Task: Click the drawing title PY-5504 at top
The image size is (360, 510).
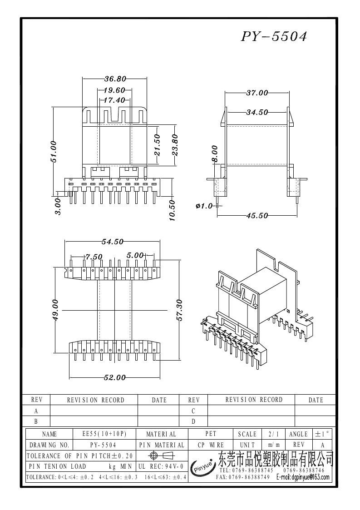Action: [273, 37]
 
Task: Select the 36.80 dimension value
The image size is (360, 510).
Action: [115, 79]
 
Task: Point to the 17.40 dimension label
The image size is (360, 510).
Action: [114, 100]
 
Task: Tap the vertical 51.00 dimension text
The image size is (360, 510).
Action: [54, 151]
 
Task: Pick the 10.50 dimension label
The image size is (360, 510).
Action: [172, 210]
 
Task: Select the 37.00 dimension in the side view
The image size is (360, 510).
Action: [257, 93]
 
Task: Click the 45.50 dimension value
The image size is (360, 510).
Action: [257, 216]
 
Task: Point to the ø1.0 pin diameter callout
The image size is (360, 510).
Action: [204, 206]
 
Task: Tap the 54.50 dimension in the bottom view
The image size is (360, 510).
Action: [112, 242]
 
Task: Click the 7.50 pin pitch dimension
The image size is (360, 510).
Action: [94, 257]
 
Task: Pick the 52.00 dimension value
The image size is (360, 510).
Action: [115, 378]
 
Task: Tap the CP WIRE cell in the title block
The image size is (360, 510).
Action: [211, 445]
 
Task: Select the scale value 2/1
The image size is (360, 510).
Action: [274, 434]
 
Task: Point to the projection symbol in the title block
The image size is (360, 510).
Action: [161, 456]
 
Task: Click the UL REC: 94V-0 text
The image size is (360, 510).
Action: [161, 466]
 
